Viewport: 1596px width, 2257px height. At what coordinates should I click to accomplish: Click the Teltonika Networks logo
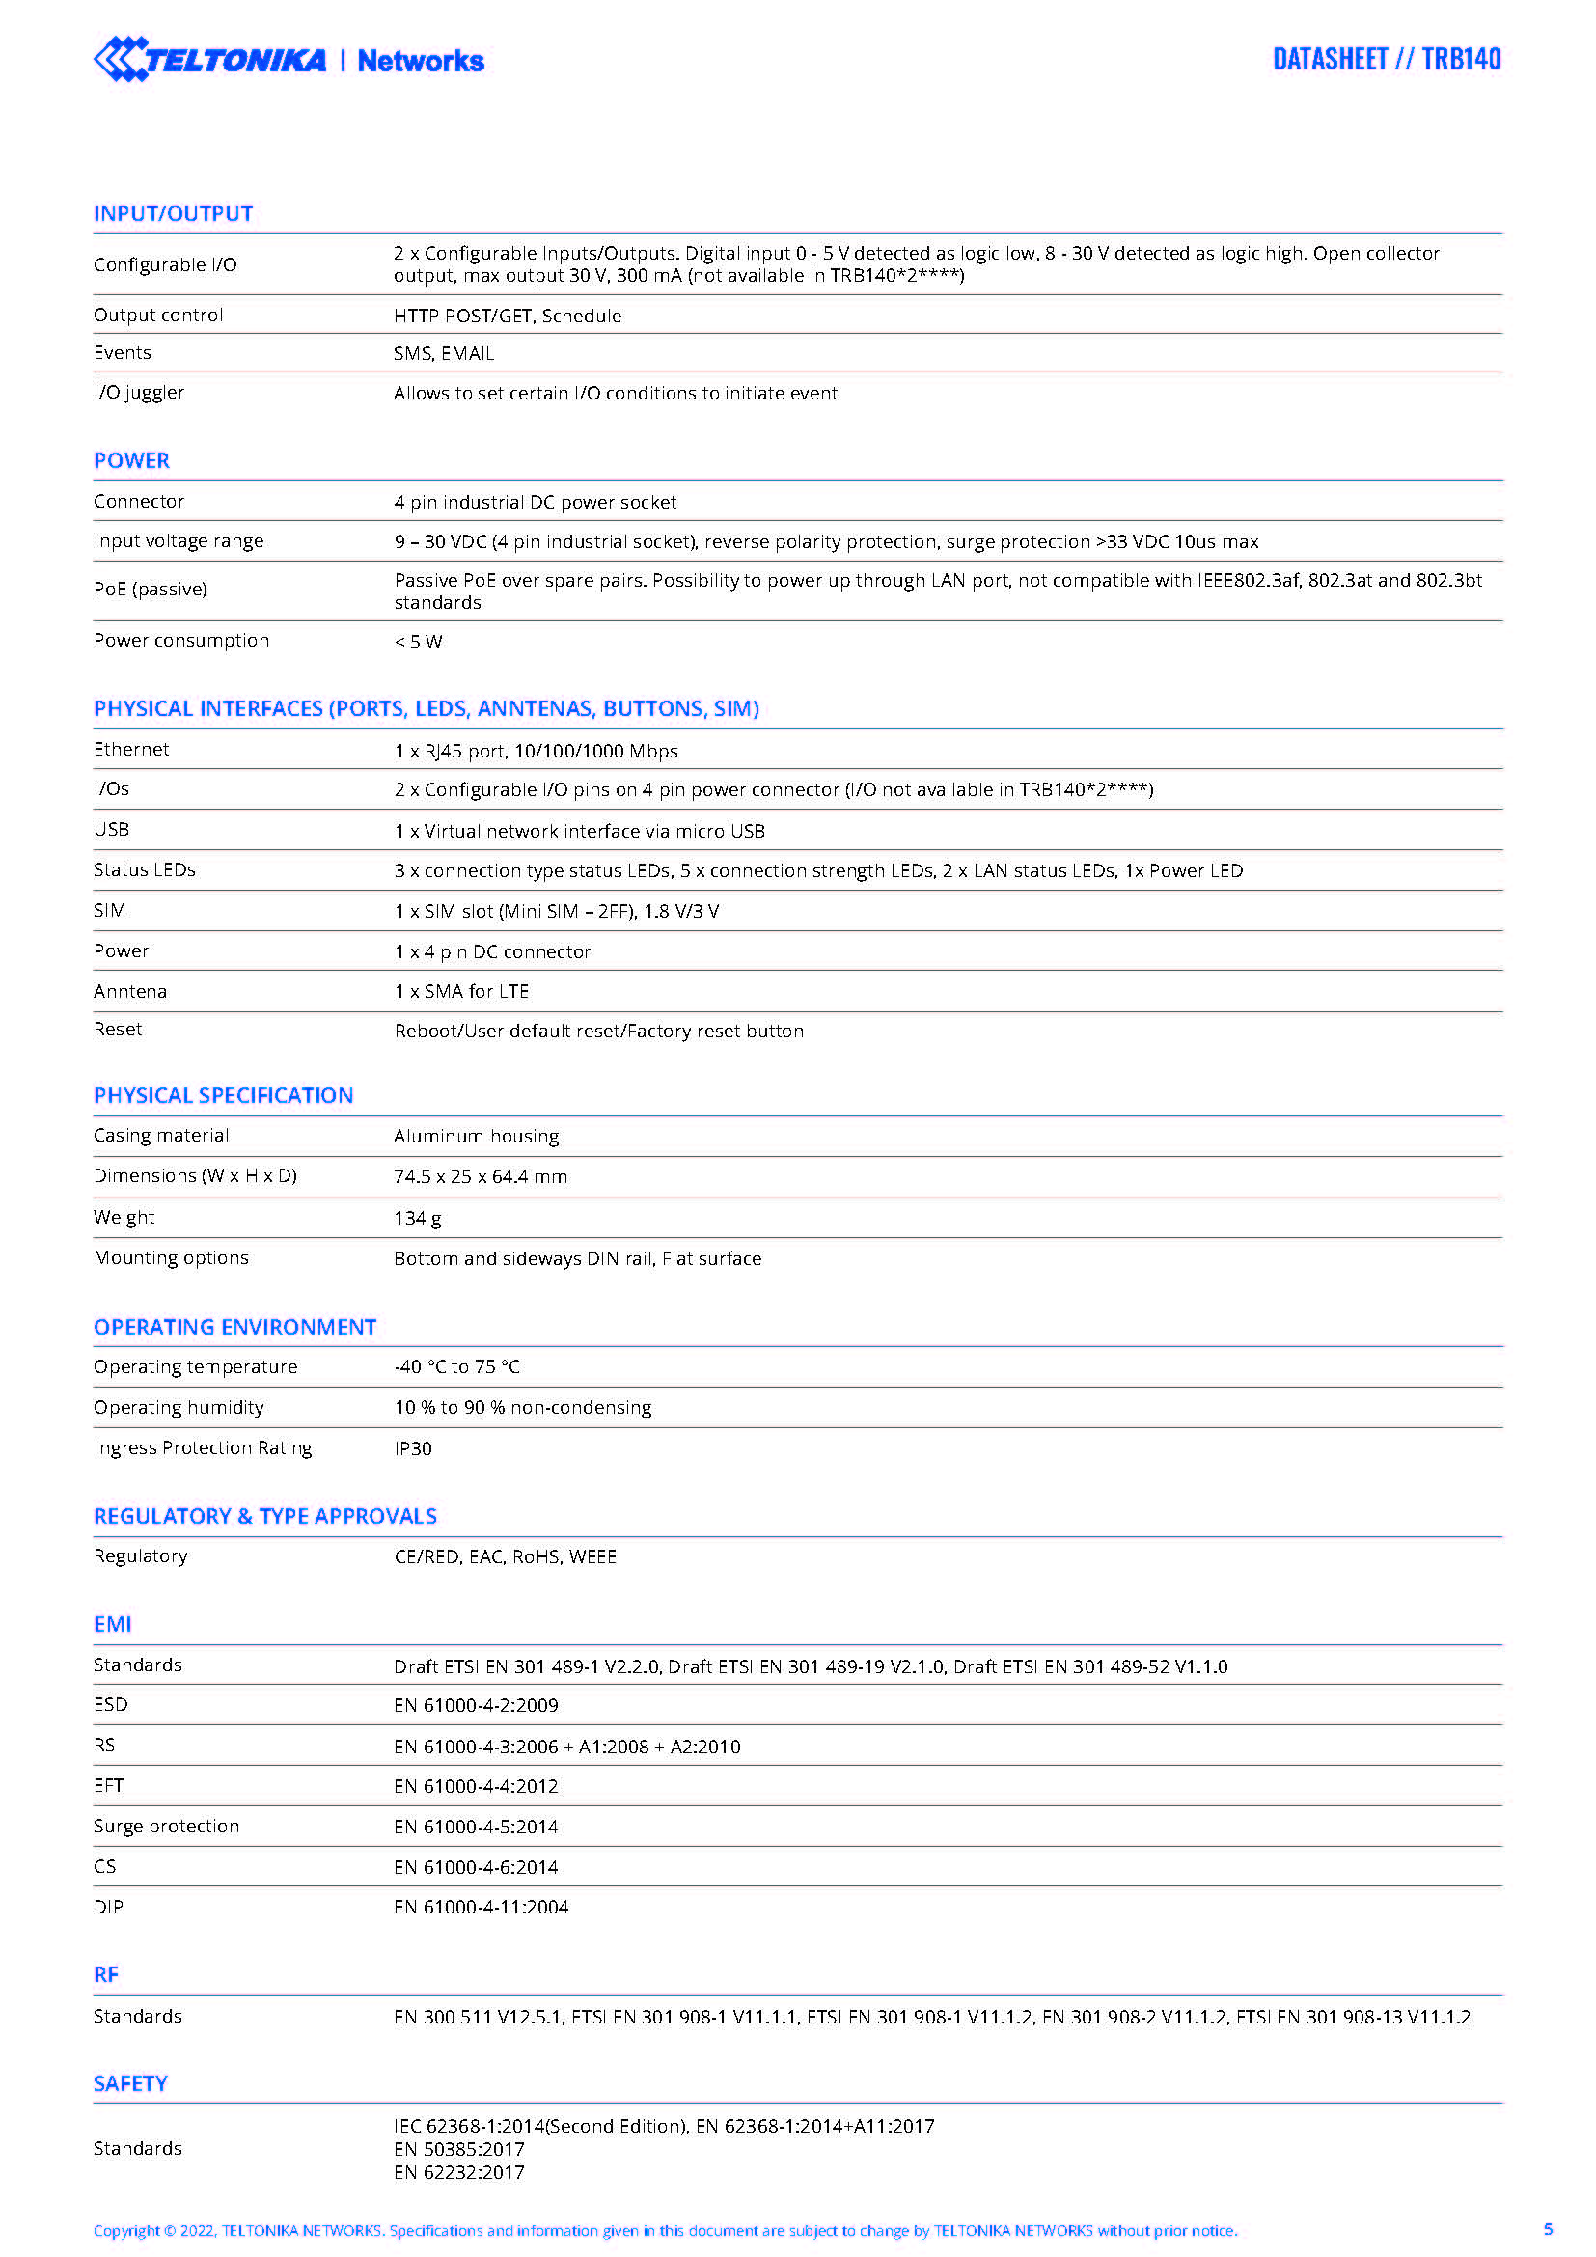[x=288, y=59]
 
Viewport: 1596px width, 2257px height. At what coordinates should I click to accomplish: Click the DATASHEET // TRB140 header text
[x=1386, y=59]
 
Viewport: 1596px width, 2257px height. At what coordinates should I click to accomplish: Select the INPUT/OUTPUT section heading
[x=173, y=213]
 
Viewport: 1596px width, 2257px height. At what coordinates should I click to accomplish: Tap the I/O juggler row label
[x=139, y=392]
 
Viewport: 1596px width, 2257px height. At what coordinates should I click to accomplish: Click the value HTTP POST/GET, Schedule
[x=508, y=316]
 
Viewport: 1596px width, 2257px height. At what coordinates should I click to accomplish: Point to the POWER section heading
[x=131, y=460]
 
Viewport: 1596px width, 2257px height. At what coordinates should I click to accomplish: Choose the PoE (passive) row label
[x=151, y=589]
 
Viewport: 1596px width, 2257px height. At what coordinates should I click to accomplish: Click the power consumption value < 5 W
[x=419, y=642]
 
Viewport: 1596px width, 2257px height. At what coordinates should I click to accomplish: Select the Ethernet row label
[x=130, y=749]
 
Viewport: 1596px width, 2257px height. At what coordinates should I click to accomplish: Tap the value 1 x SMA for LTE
[x=461, y=991]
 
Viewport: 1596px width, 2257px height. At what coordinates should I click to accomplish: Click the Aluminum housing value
[x=476, y=1136]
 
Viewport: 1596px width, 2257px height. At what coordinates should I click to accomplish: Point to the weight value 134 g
[x=417, y=1218]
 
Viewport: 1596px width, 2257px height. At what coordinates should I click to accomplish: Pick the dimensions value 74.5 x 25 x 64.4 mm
[x=481, y=1176]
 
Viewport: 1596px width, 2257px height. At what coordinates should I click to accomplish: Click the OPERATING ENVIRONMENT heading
[x=234, y=1327]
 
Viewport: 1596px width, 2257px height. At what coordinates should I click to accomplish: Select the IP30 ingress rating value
[x=413, y=1448]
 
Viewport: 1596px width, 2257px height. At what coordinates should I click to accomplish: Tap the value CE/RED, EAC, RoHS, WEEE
[x=505, y=1556]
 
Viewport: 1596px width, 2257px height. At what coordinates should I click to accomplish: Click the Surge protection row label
[x=166, y=1826]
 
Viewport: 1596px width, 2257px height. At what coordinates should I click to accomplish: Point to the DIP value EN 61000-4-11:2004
[x=481, y=1907]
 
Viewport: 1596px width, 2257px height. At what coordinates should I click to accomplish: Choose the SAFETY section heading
[x=129, y=2083]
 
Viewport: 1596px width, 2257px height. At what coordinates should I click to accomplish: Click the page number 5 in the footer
[x=1548, y=2228]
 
